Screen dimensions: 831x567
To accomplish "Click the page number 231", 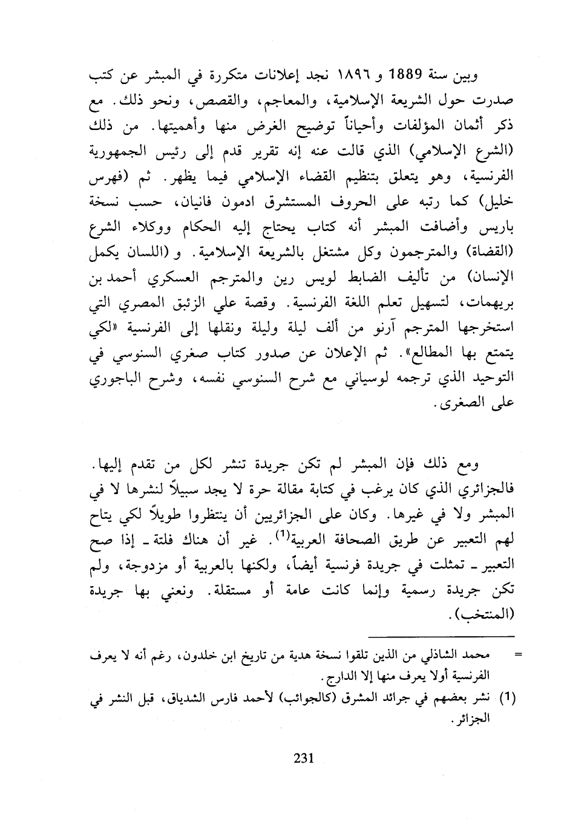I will [301, 758].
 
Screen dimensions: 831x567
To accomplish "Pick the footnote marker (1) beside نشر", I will [508, 697].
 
